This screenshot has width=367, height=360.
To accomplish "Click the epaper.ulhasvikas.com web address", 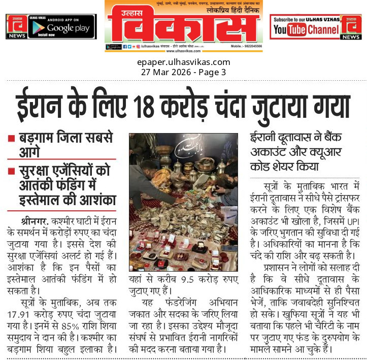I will [x=183, y=62].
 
